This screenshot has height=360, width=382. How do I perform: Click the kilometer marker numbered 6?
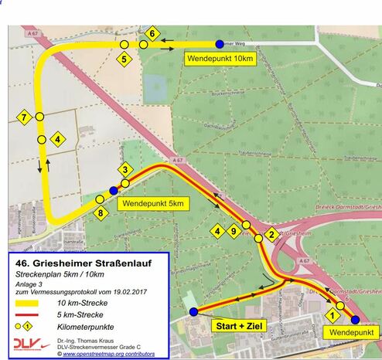tap(152, 33)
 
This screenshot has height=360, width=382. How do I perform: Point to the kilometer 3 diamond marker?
tap(124, 169)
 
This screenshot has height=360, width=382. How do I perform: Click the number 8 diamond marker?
tap(100, 213)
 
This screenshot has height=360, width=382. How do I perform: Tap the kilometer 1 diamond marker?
tap(333, 314)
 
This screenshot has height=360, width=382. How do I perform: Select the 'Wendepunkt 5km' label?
tap(152, 204)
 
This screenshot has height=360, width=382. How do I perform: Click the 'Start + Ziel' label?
tap(240, 327)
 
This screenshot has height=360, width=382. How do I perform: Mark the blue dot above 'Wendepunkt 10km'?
tap(220, 44)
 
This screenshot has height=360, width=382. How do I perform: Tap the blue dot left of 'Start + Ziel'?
tap(193, 312)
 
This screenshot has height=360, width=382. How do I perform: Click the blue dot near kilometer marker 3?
tap(114, 190)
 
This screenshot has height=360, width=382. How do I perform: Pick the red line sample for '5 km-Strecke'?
tap(30, 316)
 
